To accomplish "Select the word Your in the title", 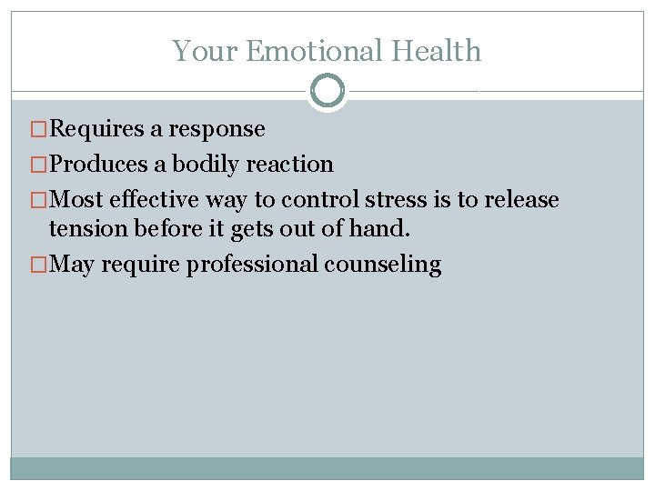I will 206,51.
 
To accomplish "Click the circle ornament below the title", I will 327,91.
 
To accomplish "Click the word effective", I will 154,200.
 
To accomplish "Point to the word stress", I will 398,200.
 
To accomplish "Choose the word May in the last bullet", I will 73,266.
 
